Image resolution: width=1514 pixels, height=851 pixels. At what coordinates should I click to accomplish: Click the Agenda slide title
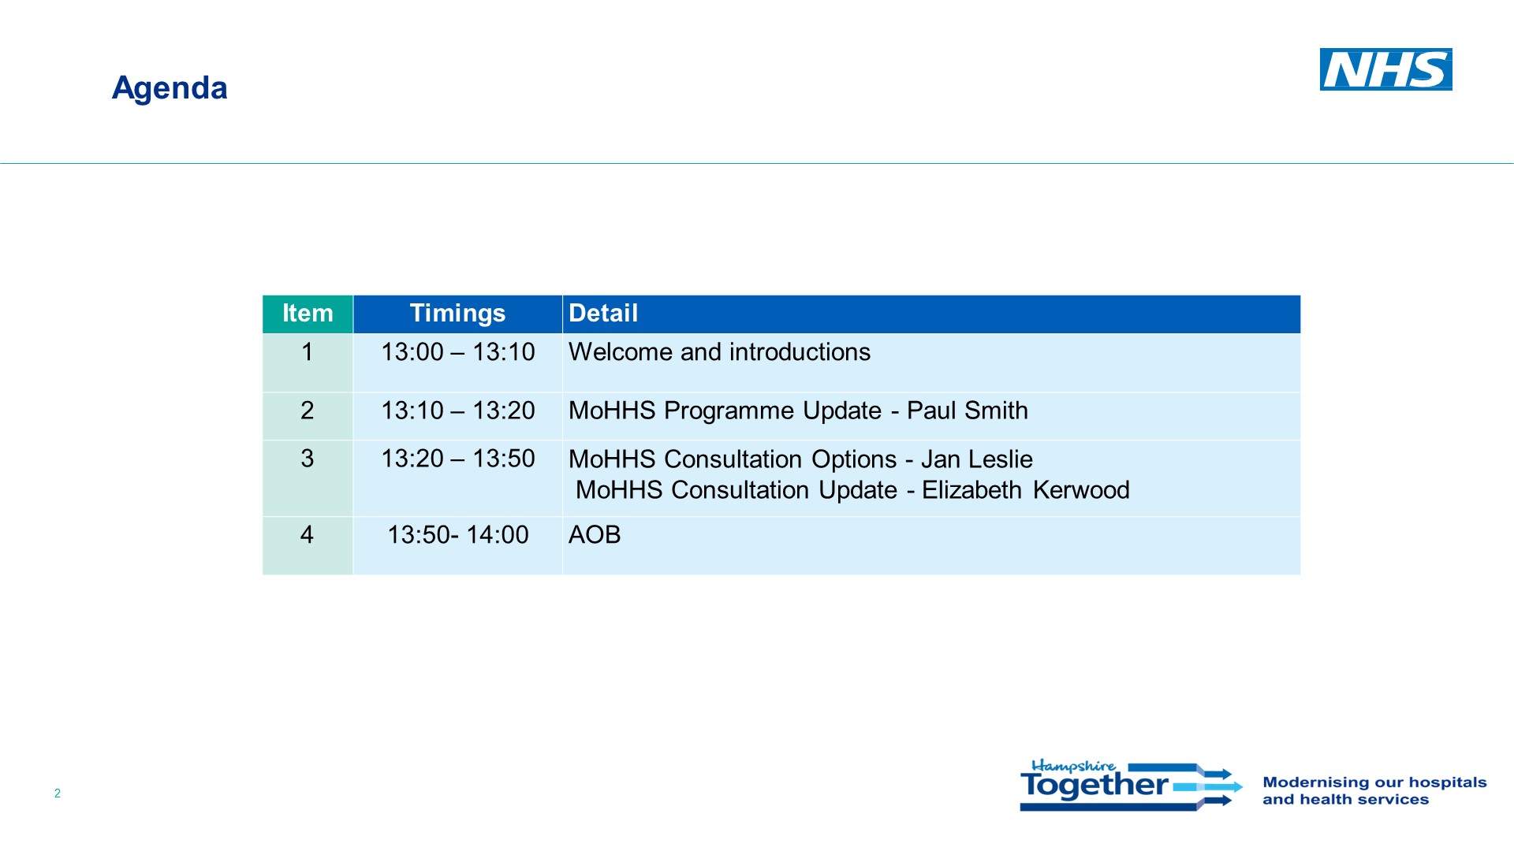coord(170,88)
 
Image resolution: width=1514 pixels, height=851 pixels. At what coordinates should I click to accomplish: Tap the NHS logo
coord(1385,69)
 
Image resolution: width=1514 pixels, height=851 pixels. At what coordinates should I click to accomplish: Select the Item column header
coord(308,314)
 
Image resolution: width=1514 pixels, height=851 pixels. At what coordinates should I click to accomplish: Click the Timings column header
coord(457,314)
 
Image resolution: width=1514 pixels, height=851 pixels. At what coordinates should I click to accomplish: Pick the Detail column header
coord(603,314)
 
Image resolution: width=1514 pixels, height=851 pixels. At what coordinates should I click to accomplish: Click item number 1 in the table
coord(308,352)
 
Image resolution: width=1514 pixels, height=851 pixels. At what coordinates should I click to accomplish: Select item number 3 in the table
coord(308,459)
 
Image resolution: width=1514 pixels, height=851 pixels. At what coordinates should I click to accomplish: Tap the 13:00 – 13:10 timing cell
coord(457,352)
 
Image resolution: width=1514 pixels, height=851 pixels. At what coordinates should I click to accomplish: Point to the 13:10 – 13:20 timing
coord(457,411)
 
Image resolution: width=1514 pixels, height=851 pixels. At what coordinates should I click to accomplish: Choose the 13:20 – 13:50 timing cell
coord(457,459)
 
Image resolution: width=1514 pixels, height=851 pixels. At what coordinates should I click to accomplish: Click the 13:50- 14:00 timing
coord(457,535)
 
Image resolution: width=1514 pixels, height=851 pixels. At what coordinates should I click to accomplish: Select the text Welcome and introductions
coord(719,352)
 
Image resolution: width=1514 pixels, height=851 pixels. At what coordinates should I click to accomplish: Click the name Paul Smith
coord(968,411)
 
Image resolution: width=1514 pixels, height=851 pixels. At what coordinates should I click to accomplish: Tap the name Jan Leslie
coord(977,459)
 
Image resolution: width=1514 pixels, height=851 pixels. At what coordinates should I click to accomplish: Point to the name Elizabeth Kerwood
coord(1026,490)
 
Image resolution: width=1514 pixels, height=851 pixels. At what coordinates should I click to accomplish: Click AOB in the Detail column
coord(595,535)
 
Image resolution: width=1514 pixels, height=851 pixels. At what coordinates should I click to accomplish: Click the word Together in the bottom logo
coord(1094,785)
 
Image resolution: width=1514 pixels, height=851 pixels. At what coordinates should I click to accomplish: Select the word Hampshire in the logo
coord(1074,766)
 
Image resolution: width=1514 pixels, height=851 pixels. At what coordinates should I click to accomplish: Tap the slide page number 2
coord(58,793)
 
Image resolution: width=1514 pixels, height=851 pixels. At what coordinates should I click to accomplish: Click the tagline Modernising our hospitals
coord(1374,782)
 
